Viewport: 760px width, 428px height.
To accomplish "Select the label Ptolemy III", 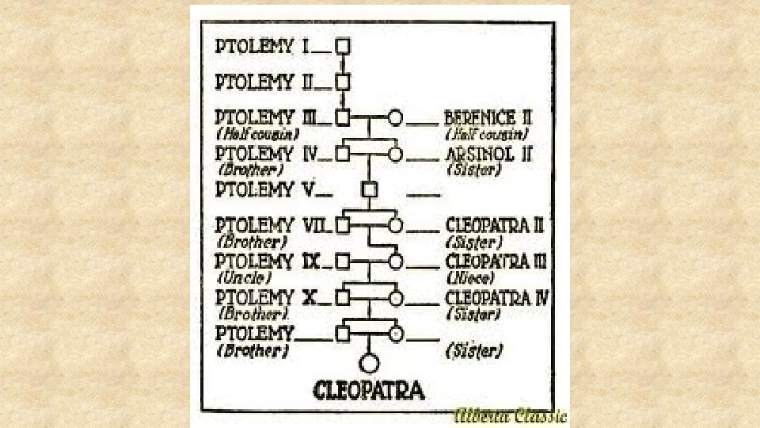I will click(x=266, y=117).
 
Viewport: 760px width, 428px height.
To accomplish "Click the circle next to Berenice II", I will click(x=396, y=118).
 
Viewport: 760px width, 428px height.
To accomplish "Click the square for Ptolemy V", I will click(x=368, y=189).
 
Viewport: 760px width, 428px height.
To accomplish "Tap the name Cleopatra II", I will click(x=495, y=226).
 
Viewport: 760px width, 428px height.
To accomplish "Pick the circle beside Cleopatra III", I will click(x=396, y=262).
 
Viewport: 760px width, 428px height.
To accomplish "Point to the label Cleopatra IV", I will click(x=498, y=298).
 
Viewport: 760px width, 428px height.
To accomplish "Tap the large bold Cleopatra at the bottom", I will click(x=369, y=390).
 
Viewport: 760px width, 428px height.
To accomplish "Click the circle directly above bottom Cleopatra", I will click(x=369, y=364).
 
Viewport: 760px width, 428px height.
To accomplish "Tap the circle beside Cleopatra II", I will click(x=396, y=226).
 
